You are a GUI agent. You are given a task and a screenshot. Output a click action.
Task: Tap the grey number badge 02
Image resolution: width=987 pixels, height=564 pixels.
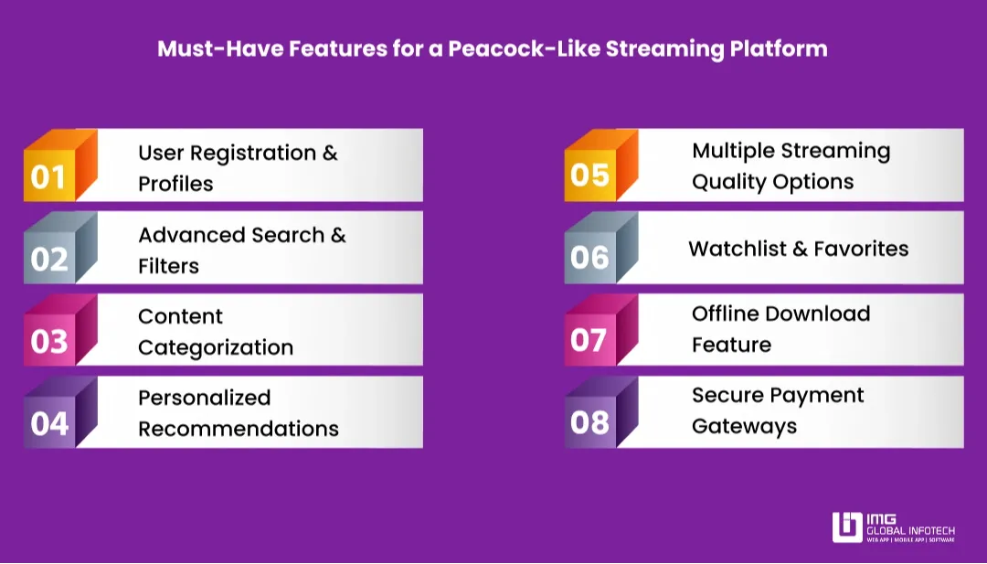tap(49, 259)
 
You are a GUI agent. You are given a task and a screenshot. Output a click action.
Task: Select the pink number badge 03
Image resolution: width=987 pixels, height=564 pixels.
tap(49, 341)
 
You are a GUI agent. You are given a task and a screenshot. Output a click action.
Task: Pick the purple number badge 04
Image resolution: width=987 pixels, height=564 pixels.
tap(49, 423)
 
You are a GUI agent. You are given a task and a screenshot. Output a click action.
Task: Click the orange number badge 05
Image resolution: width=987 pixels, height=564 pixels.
tap(589, 175)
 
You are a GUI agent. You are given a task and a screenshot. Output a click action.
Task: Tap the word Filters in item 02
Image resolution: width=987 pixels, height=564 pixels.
tap(168, 266)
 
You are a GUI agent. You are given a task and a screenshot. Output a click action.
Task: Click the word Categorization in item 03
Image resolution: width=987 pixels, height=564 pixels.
tap(216, 347)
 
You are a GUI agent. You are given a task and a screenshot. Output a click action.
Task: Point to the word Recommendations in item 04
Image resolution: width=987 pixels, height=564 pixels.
tap(239, 429)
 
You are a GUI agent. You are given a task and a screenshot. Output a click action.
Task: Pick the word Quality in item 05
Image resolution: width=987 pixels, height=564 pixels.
tap(727, 182)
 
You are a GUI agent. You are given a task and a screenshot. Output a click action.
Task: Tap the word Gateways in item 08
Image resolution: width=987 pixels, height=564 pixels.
tap(744, 427)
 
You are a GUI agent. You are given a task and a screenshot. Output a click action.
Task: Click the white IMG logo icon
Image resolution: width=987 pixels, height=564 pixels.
tap(846, 527)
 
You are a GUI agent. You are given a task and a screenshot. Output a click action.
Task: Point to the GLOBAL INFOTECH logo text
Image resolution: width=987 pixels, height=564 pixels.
tap(910, 529)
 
